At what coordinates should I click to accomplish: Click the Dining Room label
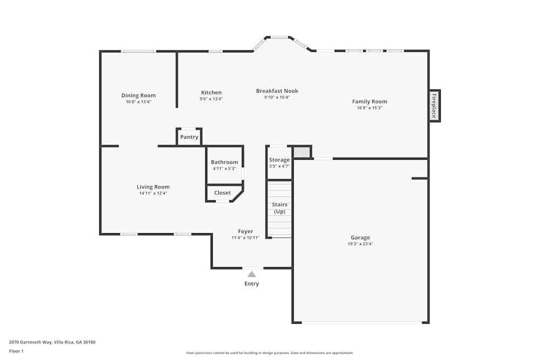click(138, 96)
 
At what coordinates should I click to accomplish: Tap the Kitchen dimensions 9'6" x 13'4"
click(211, 99)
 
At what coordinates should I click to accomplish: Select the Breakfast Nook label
click(277, 91)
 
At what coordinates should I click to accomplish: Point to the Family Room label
click(369, 101)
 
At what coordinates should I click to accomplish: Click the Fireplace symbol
click(434, 105)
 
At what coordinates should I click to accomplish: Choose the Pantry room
click(189, 137)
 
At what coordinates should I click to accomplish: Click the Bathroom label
click(224, 162)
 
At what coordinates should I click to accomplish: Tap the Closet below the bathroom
click(222, 193)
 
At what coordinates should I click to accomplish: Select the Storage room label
click(279, 160)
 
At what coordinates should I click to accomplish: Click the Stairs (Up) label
click(279, 208)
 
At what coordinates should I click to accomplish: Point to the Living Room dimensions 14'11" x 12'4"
click(153, 193)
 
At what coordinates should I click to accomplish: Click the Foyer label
click(245, 232)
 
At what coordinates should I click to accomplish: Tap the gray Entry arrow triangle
click(252, 274)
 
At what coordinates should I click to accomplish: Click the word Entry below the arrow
click(252, 284)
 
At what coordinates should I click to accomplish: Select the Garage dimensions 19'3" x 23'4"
click(360, 243)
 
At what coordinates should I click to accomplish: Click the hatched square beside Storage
click(302, 153)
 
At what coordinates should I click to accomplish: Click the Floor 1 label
click(16, 351)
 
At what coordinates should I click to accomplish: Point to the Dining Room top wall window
click(138, 51)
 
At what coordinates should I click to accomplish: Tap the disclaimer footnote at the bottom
click(269, 352)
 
